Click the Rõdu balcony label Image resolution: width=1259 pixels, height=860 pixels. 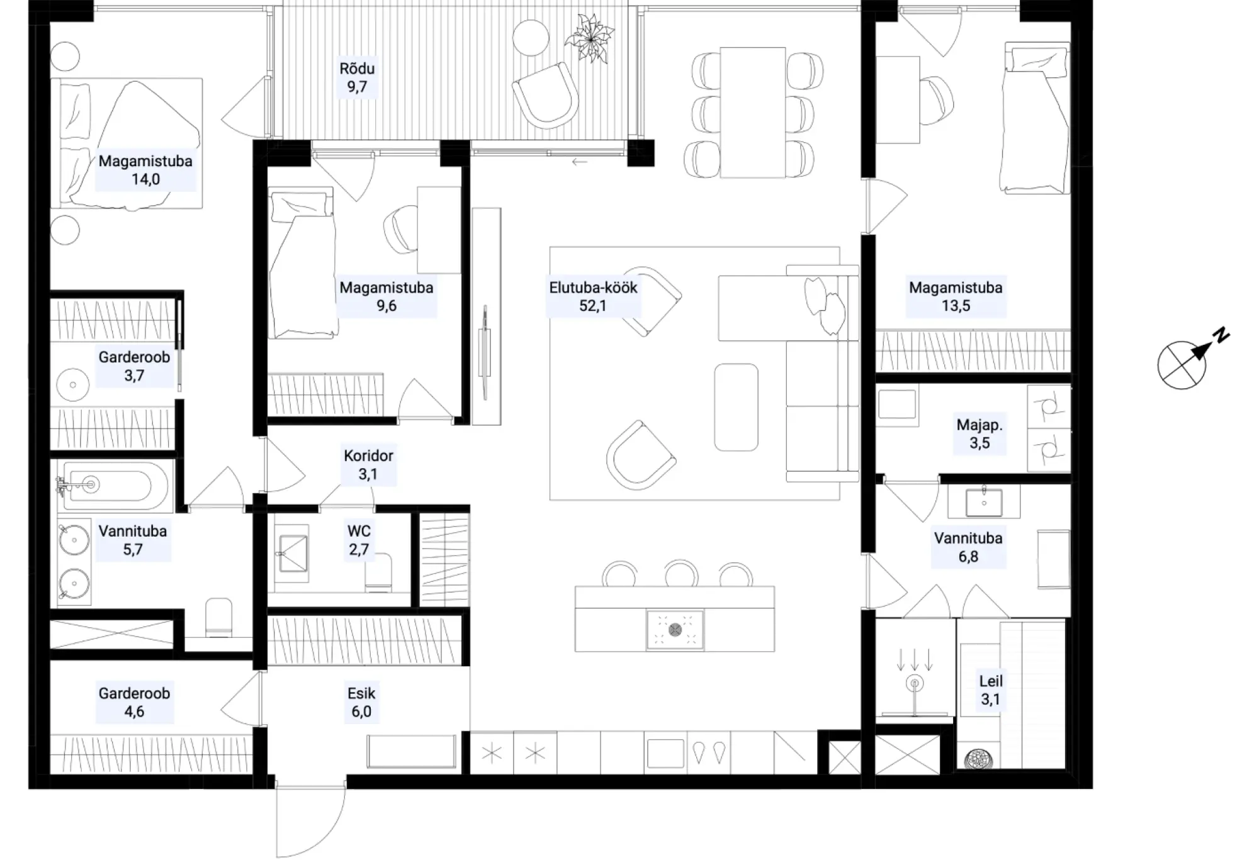pyautogui.click(x=357, y=77)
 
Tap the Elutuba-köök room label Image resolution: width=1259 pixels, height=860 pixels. pyautogui.click(x=593, y=296)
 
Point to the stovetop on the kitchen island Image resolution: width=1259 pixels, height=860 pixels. pyautogui.click(x=675, y=629)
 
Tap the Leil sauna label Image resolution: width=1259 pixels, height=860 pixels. pyautogui.click(x=990, y=690)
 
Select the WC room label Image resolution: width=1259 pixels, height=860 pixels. pyautogui.click(x=359, y=540)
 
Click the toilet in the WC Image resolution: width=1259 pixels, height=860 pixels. pyautogui.click(x=378, y=572)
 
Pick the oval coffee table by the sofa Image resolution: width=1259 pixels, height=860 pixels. pyautogui.click(x=736, y=407)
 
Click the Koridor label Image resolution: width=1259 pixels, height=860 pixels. pyautogui.click(x=368, y=464)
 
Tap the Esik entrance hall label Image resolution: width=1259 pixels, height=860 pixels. pyautogui.click(x=361, y=702)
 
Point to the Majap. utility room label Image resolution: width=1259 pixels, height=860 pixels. pyautogui.click(x=980, y=433)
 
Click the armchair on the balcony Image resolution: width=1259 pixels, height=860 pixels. pyautogui.click(x=546, y=95)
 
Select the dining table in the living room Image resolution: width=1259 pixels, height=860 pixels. pyautogui.click(x=753, y=113)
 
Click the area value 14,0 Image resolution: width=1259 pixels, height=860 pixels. pyautogui.click(x=145, y=179)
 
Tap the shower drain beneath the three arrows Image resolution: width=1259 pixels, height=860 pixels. pyautogui.click(x=914, y=684)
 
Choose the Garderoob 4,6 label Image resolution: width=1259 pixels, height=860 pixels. pyautogui.click(x=134, y=702)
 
